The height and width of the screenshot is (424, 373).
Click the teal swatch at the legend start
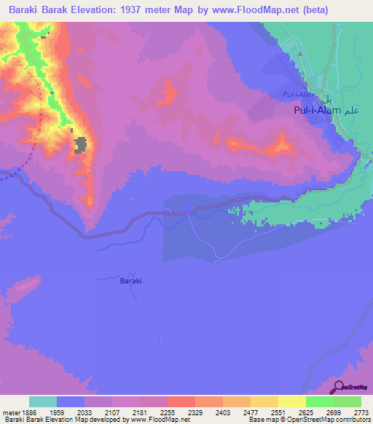tap(43, 401)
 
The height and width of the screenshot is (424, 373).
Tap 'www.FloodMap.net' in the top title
tap(256, 10)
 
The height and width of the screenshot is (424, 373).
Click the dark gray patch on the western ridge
tap(81, 144)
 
